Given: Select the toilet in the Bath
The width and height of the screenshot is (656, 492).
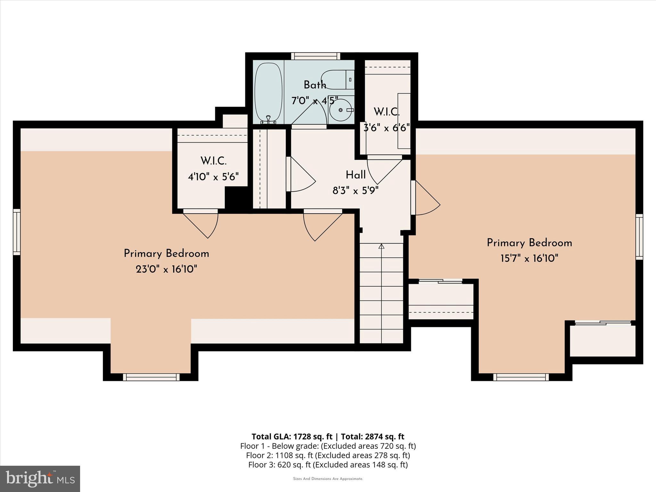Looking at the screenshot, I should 336,79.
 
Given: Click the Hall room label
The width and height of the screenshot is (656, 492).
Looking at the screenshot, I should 356,175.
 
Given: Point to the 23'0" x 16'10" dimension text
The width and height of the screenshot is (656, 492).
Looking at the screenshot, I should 166,269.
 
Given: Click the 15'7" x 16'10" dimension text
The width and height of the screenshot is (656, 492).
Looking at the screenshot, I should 529,258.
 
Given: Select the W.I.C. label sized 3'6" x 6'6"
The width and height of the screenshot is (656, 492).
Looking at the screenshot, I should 387,112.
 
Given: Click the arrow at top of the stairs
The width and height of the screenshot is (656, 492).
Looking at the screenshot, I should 381,246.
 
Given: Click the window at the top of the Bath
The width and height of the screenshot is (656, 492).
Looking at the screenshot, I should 316,56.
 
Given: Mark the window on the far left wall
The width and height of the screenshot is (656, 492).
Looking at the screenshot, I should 17,232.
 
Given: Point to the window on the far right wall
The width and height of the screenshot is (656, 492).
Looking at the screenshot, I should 639,237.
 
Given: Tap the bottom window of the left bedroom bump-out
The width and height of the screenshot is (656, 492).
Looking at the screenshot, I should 151,377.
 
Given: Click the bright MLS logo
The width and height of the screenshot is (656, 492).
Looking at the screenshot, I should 40,479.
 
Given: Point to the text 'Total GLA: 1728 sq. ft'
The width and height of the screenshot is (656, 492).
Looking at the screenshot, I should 292,437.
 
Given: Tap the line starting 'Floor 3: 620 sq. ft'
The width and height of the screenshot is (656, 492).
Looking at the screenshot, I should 328,465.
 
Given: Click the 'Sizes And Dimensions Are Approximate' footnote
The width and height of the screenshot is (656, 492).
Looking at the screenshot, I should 328,479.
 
